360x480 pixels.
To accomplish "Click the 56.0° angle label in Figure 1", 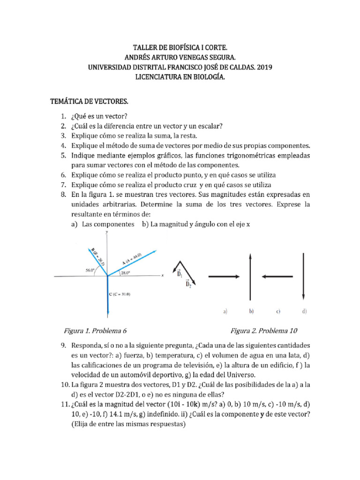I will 90,270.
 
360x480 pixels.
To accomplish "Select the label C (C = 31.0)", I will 120,294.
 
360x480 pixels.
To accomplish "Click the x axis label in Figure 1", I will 162,276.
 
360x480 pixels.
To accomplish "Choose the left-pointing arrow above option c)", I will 278,277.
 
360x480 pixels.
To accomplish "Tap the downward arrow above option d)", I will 305,277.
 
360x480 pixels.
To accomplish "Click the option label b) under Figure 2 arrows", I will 252,310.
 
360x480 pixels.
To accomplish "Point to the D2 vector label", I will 188,284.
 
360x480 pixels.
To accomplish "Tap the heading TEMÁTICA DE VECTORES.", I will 89,101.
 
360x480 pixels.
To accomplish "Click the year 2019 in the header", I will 264,67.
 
